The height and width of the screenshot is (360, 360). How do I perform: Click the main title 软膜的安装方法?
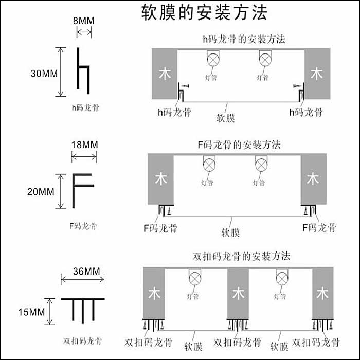point(204,12)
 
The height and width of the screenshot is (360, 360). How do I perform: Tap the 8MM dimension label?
point(84,21)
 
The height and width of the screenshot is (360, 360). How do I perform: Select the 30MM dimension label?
point(44,74)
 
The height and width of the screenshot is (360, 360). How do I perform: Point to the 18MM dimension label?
point(84,145)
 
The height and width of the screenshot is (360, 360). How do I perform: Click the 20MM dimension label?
point(41,192)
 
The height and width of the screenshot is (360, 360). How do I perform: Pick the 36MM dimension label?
point(86,272)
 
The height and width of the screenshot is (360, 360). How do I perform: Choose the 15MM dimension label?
point(31,312)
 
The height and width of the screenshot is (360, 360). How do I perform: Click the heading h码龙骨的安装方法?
point(244,39)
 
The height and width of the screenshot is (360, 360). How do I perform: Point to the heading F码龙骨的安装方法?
point(239,145)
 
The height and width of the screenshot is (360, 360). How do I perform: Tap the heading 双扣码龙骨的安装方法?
point(241,256)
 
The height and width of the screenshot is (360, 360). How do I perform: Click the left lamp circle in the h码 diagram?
point(213,60)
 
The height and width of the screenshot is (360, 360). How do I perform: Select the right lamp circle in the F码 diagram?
point(261,165)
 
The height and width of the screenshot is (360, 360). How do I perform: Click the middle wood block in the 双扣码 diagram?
point(238,293)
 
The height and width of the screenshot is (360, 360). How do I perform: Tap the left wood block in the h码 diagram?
point(165,74)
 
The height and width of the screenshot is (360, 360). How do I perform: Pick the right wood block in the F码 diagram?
point(313,179)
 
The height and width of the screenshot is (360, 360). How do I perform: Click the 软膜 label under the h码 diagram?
point(225,118)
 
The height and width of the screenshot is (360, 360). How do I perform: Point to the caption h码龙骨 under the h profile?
point(85,107)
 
